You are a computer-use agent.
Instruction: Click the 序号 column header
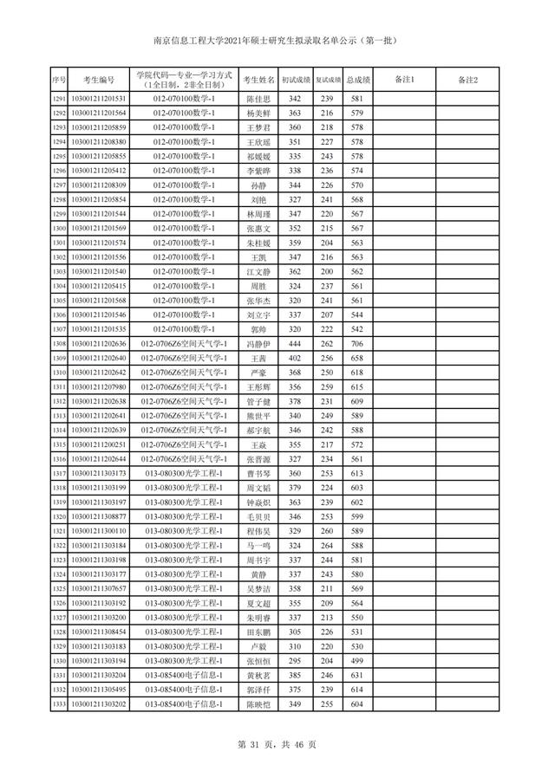tap(60, 81)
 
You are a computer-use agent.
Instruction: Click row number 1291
tap(60, 100)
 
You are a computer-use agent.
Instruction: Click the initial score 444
tap(294, 343)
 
